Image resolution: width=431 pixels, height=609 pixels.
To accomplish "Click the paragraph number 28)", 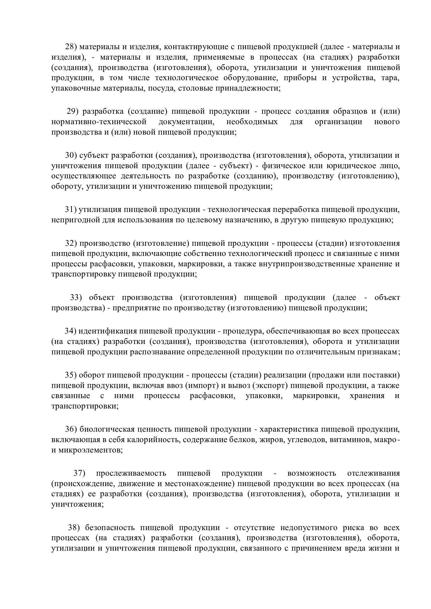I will [71, 47].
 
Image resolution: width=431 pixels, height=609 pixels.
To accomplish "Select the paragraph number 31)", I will [71, 210].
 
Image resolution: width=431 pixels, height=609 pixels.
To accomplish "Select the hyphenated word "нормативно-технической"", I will [99, 122].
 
